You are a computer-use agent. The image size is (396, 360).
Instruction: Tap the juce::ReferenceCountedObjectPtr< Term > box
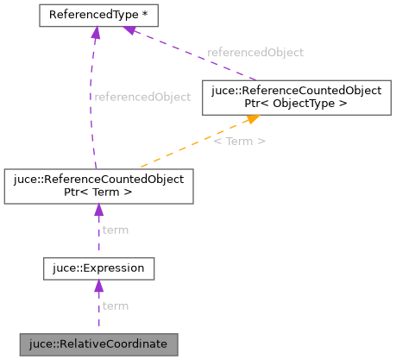click(97, 186)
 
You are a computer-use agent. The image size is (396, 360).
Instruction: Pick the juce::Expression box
click(99, 268)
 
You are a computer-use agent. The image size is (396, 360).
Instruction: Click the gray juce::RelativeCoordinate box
click(99, 344)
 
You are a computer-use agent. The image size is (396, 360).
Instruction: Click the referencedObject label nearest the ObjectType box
click(255, 53)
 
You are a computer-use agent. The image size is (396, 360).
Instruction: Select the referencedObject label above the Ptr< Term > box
click(141, 97)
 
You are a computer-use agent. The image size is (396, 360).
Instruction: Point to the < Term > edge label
click(240, 140)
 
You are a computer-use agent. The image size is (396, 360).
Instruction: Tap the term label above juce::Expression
click(116, 230)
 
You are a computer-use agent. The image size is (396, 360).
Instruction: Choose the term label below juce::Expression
click(116, 306)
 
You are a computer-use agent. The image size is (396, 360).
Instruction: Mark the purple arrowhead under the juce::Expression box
click(98, 287)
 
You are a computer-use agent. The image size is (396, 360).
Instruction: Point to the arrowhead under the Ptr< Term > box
click(97, 211)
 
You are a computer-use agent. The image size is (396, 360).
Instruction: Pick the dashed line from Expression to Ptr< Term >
click(98, 237)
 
